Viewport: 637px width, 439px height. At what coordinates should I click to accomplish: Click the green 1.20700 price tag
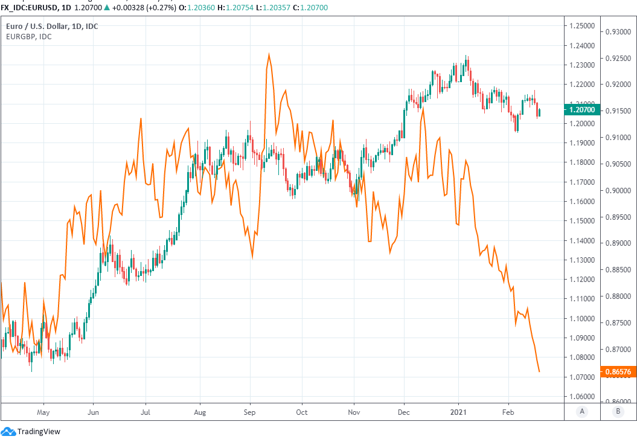[581, 110]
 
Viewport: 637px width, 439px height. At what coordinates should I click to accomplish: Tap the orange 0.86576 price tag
[616, 371]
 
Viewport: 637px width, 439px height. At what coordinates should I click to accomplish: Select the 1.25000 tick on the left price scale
[580, 26]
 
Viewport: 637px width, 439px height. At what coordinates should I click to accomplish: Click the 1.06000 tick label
[580, 397]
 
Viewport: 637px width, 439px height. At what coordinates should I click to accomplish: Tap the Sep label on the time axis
[250, 412]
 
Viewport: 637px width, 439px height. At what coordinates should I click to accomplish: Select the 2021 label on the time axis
[458, 412]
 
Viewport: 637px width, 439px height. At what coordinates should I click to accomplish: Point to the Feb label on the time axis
[508, 412]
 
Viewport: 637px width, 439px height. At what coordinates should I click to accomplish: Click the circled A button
[582, 412]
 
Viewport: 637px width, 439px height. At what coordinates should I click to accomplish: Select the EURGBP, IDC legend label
[28, 37]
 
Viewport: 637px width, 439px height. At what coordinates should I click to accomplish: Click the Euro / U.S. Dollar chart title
[52, 26]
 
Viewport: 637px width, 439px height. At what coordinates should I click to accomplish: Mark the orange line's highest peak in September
[269, 54]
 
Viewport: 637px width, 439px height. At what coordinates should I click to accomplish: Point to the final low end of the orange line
[539, 371]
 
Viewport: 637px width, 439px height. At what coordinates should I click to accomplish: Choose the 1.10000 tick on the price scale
[580, 318]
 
